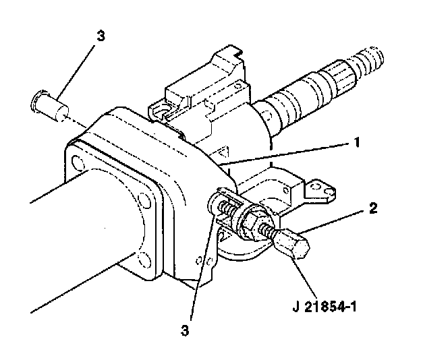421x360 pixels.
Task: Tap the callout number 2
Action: coord(373,208)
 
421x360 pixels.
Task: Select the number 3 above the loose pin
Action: coord(101,36)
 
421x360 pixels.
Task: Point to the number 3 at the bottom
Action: coord(185,330)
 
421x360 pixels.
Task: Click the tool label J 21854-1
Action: coord(325,307)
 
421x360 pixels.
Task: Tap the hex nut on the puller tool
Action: coord(250,222)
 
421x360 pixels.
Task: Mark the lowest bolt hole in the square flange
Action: coord(144,260)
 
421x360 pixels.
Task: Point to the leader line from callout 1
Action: coord(285,154)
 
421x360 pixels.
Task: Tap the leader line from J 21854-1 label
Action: coord(305,275)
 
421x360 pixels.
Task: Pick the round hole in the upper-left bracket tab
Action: coord(163,111)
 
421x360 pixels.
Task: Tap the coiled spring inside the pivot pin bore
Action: coord(227,208)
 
